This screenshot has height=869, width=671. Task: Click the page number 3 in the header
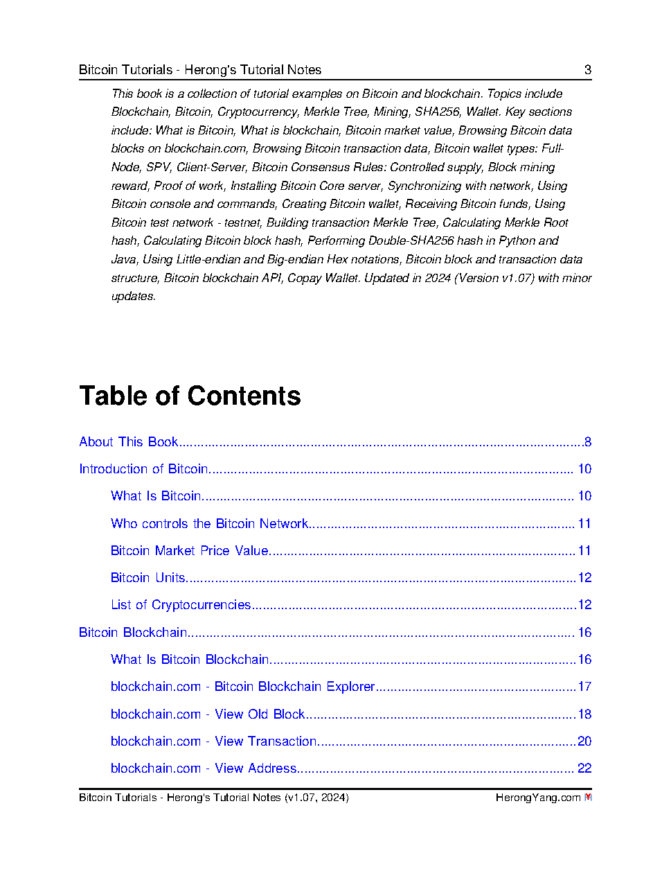[588, 69]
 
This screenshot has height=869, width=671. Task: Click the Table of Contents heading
[190, 396]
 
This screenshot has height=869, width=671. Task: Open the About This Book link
[129, 442]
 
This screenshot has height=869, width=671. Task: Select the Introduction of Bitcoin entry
[143, 469]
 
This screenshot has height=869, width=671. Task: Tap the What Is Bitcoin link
[156, 496]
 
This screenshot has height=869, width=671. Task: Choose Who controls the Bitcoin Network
[209, 524]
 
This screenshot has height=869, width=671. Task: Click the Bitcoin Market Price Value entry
[189, 551]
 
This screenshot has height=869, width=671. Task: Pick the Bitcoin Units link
[147, 578]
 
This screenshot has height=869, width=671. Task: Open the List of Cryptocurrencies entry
[181, 605]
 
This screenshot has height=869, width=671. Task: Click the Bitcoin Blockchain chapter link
[133, 633]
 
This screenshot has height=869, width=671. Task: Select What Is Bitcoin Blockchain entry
[190, 660]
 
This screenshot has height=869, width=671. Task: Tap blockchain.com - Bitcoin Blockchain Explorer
[242, 687]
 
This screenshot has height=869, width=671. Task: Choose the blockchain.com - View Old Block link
[208, 714]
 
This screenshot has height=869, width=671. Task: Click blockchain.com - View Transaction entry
[214, 741]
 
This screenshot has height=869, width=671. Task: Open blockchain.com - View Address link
[204, 769]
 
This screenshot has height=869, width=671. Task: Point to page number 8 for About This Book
[587, 442]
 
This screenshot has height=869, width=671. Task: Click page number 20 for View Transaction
[584, 741]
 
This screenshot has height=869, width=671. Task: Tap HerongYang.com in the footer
[537, 798]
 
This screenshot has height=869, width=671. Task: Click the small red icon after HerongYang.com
[588, 798]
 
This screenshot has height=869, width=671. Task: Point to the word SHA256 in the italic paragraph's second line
[437, 112]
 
